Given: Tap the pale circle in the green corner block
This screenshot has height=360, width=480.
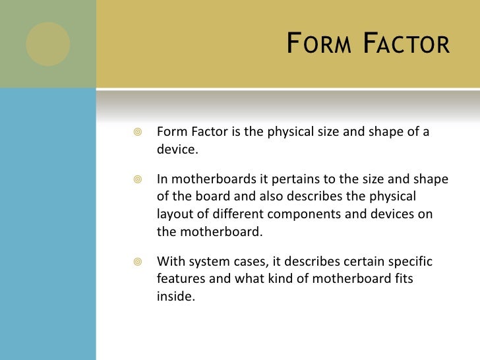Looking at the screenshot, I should click(47, 44).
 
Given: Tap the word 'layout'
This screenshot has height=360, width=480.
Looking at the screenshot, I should click(173, 214).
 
